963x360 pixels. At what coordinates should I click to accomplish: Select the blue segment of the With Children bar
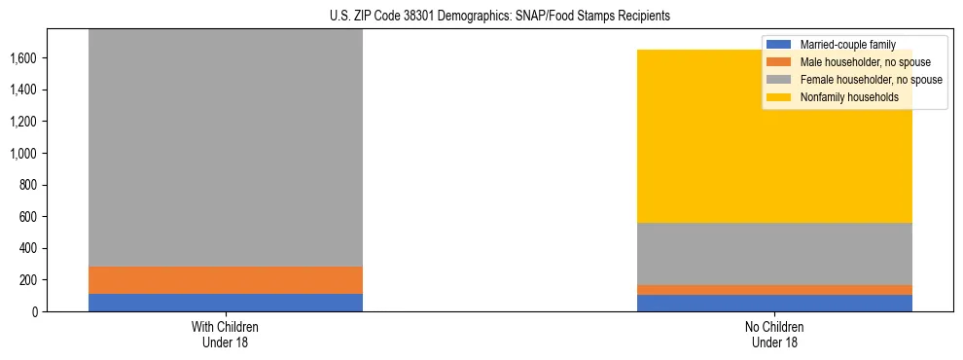pos(226,303)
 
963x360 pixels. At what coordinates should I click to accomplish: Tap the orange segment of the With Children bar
pos(226,280)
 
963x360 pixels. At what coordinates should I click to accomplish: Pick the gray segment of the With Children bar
pos(226,146)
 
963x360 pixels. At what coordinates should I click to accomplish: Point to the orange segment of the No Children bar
pos(774,290)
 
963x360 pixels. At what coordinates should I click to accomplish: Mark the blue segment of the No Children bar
pos(774,304)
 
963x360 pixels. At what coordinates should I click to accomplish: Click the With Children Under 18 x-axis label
pos(226,334)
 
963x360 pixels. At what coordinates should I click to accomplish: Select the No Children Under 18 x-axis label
pos(774,334)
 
